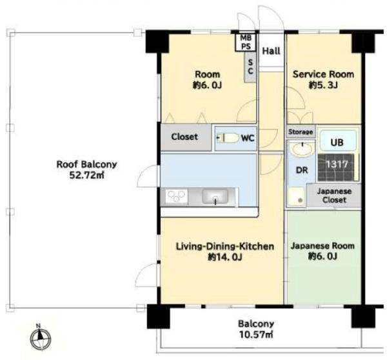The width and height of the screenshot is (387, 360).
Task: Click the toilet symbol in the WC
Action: click(228, 138)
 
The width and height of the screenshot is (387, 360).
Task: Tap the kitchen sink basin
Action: click(215, 196)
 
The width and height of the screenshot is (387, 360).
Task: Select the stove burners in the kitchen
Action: click(176, 196)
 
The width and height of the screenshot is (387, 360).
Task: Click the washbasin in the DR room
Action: click(302, 149)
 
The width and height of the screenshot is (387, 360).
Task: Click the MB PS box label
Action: click(246, 42)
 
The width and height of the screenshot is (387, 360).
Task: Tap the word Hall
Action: click(271, 51)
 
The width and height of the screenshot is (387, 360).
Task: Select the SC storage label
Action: click(250, 66)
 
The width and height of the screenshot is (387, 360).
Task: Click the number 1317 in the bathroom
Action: click(337, 165)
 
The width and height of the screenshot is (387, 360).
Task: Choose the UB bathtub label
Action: click(337, 142)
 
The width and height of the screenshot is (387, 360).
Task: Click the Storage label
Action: click(301, 132)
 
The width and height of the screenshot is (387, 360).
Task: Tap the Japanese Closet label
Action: click(334, 195)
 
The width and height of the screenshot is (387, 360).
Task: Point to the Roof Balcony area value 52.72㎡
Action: click(86, 175)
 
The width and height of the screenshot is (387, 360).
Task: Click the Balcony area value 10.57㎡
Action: click(256, 335)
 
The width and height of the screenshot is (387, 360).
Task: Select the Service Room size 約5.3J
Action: click(323, 85)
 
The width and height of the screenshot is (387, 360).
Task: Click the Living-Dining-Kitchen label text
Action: click(225, 246)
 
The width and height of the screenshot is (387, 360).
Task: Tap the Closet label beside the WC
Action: click(184, 137)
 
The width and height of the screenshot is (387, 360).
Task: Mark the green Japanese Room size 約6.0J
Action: click(322, 257)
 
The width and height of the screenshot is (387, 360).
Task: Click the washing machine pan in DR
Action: click(296, 196)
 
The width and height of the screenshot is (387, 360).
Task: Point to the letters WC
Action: click(248, 138)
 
